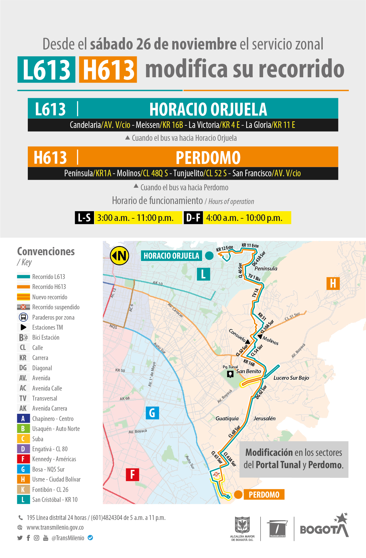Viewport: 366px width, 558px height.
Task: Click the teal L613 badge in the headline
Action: (x=46, y=70)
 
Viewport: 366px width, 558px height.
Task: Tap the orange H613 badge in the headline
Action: (x=108, y=70)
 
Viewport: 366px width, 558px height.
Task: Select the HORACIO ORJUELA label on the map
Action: (x=171, y=256)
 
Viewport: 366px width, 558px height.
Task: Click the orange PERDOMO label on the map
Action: (x=264, y=495)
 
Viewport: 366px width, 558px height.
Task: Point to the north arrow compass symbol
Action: (x=120, y=256)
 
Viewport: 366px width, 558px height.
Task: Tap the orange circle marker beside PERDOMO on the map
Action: (x=238, y=494)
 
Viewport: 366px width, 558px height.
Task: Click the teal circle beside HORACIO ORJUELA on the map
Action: (x=209, y=256)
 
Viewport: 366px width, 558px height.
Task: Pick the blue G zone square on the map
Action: (x=152, y=413)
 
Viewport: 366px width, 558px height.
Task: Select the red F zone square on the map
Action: (x=132, y=474)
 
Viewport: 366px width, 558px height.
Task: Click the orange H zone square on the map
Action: (x=333, y=283)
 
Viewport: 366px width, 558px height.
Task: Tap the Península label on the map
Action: (x=266, y=268)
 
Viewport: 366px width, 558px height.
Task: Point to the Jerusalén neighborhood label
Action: (x=265, y=418)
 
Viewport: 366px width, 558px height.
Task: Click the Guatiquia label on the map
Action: (x=227, y=418)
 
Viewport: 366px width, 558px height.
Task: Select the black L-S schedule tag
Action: (x=84, y=218)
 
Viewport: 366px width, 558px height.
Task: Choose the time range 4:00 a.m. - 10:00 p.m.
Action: (x=244, y=218)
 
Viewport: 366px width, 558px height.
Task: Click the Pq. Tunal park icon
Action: (x=230, y=374)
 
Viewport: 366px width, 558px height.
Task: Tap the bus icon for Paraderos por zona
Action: (x=23, y=317)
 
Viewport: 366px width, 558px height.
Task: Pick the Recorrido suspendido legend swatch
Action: (x=24, y=307)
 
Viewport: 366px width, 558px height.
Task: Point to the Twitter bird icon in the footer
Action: (x=20, y=538)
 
